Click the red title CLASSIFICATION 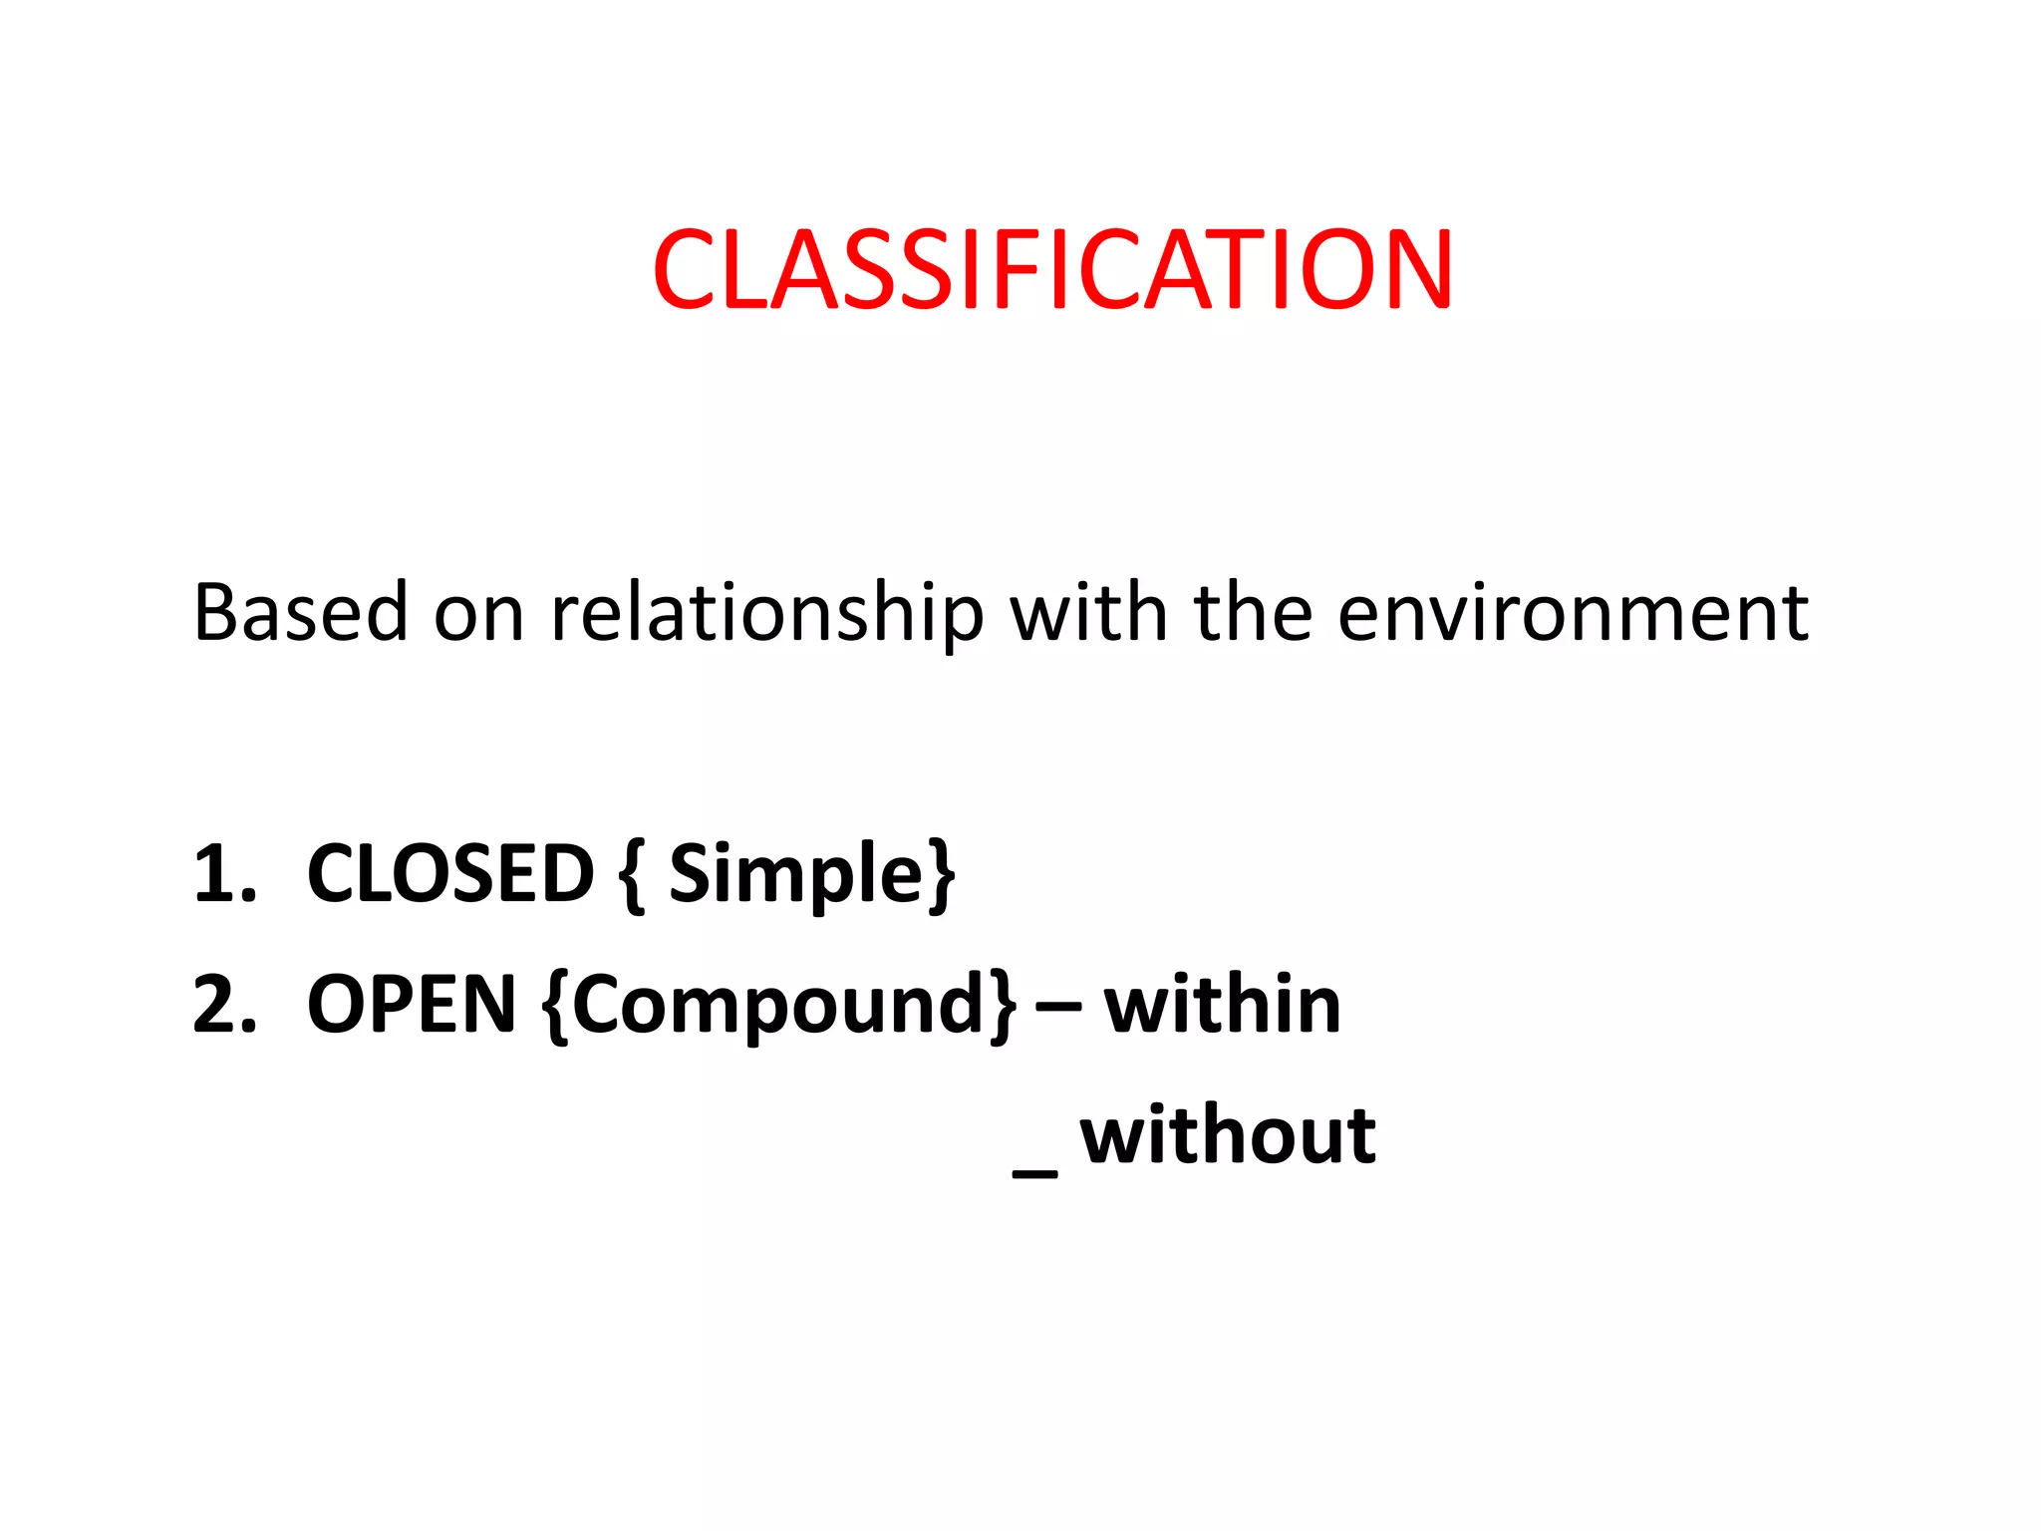tap(1052, 270)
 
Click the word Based tap(300, 612)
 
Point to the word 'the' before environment tap(1253, 612)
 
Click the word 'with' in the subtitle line tap(1088, 612)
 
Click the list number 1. tap(221, 874)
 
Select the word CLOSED tap(450, 873)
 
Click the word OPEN tap(412, 1005)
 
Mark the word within tap(1223, 1005)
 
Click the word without tap(1228, 1135)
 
